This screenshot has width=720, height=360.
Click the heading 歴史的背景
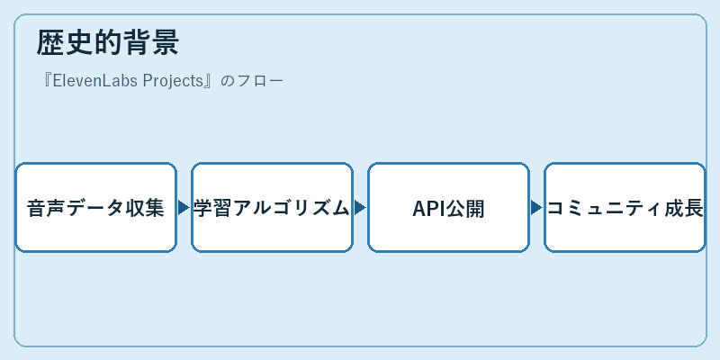pyautogui.click(x=107, y=42)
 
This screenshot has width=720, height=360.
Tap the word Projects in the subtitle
pyautogui.click(x=173, y=81)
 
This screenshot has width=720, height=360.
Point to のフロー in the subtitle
pyautogui.click(x=252, y=81)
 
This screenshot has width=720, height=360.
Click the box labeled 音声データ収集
pyautogui.click(x=96, y=208)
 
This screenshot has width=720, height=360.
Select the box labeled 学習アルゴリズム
pyautogui.click(x=273, y=208)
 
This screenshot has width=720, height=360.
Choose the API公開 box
pyautogui.click(x=448, y=208)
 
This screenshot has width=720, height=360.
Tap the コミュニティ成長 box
pyautogui.click(x=625, y=208)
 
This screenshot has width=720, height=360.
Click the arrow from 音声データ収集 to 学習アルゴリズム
pyautogui.click(x=184, y=208)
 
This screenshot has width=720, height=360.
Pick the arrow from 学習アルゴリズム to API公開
pyautogui.click(x=361, y=208)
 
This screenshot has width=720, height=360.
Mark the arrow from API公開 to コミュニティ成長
pyautogui.click(x=536, y=208)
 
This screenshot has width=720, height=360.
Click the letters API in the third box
pyautogui.click(x=429, y=209)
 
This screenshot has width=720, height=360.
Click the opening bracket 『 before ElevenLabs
pyautogui.click(x=46, y=81)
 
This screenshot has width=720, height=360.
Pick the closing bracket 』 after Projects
pyautogui.click(x=210, y=81)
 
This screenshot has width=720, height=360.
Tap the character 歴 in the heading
pyautogui.click(x=50, y=42)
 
